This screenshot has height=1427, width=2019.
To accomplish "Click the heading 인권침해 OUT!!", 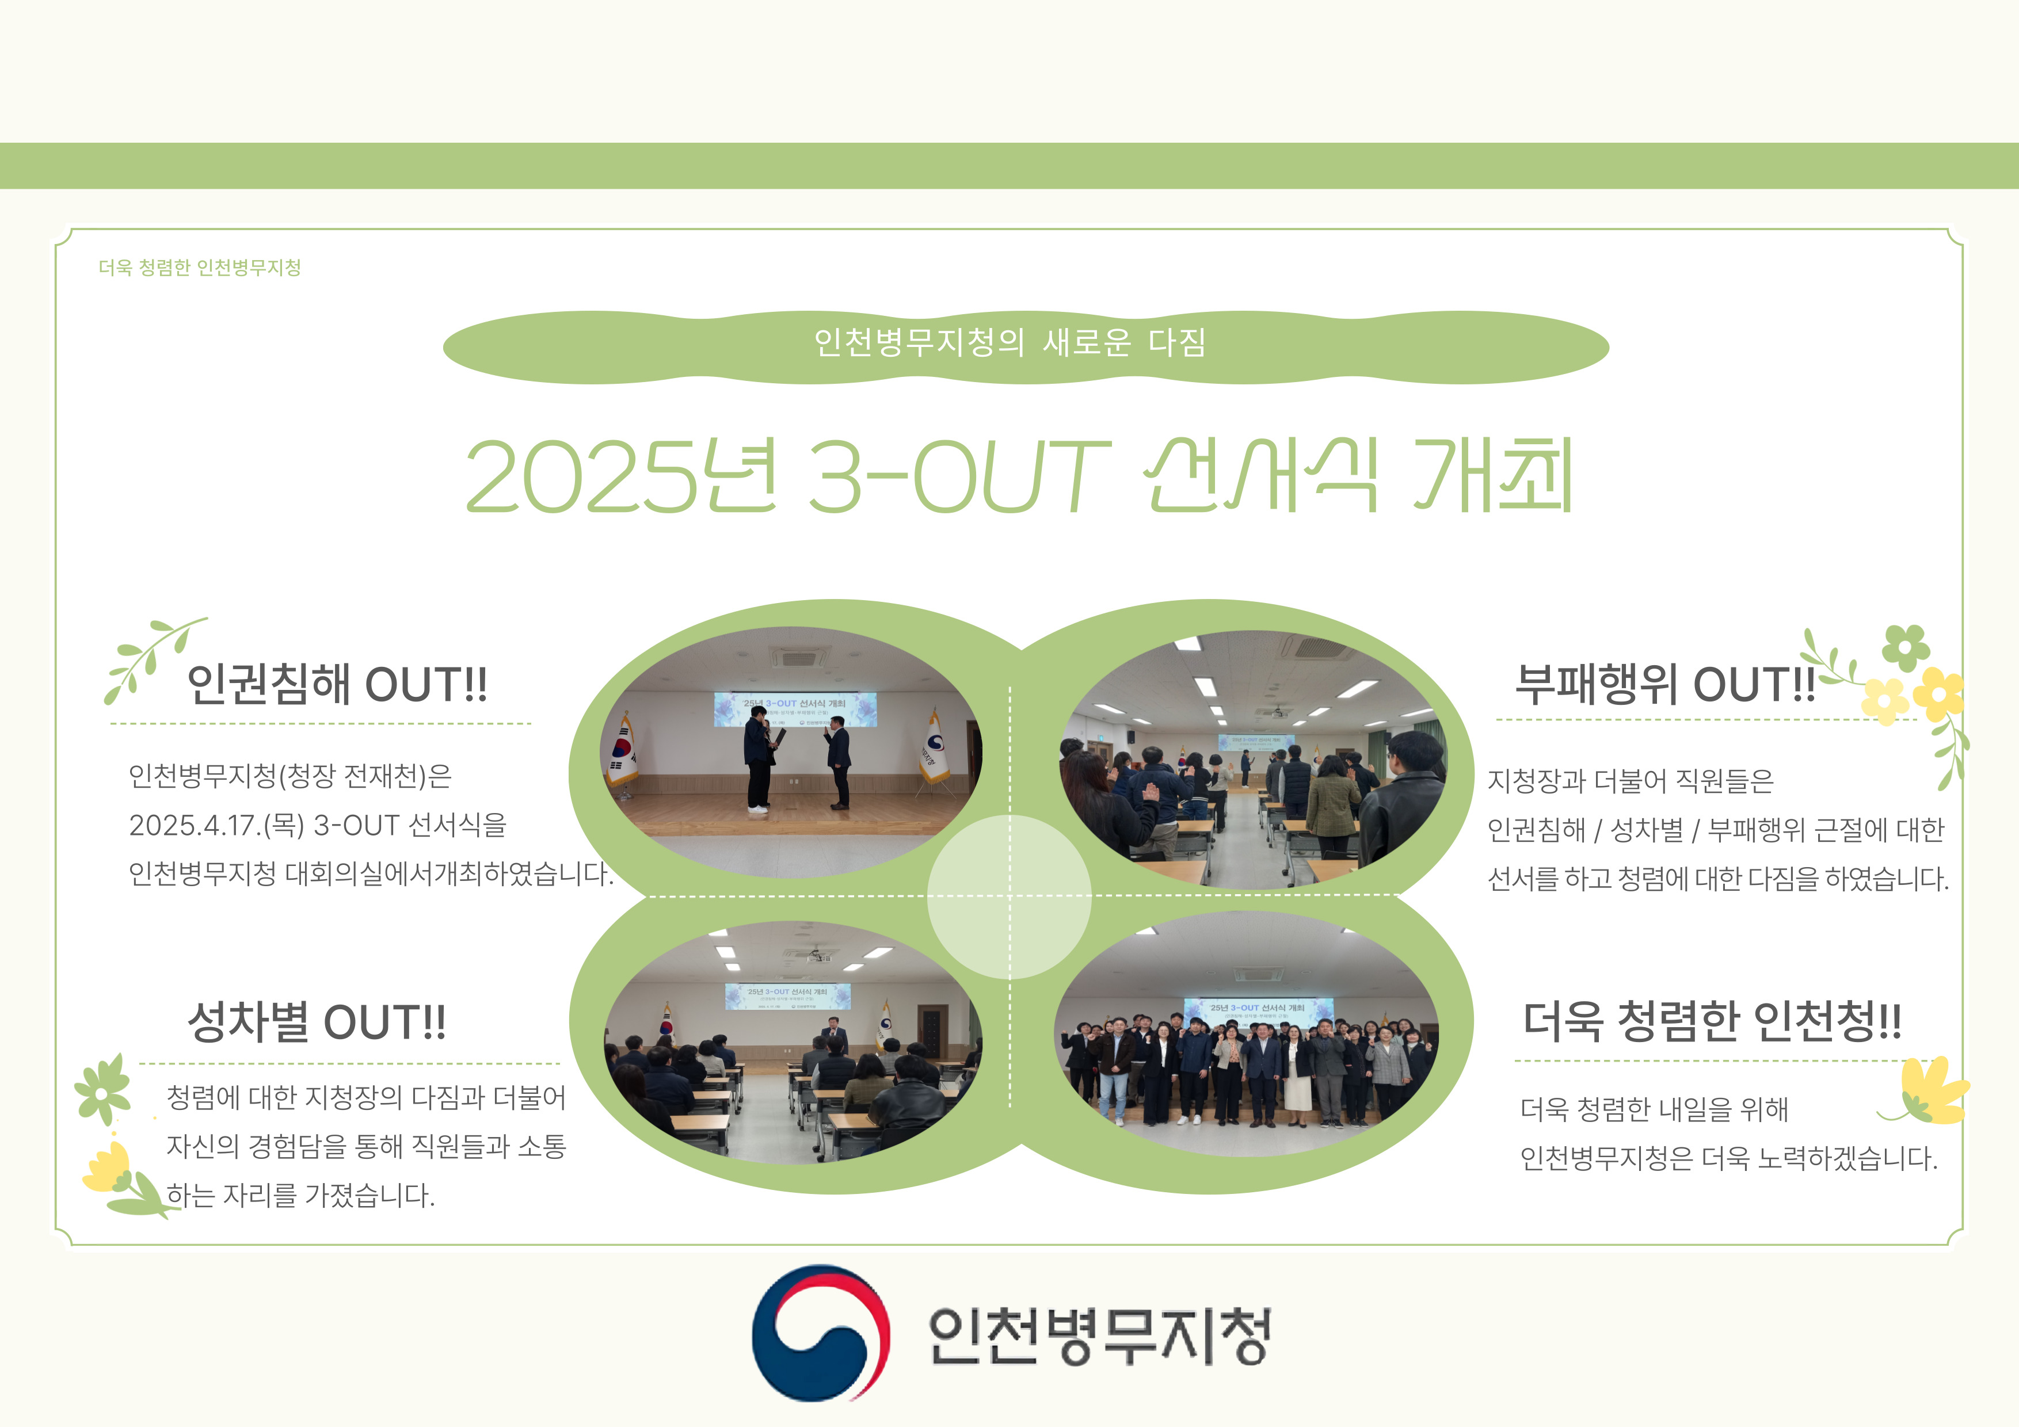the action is pos(337,684).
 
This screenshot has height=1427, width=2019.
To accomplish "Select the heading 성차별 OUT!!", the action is pos(317,1022).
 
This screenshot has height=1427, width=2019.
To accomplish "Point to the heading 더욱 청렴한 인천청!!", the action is pos(1712,1021).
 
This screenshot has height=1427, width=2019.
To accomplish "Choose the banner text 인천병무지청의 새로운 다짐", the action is pos(1009,342).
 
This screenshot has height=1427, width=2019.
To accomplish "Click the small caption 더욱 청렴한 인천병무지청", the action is pos(200,268).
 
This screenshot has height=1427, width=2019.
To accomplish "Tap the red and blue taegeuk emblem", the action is pos(820,1333).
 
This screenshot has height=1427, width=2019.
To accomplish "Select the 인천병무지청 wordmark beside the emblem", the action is pos(1099,1335).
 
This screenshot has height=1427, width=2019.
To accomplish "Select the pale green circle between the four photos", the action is pos(1009,897).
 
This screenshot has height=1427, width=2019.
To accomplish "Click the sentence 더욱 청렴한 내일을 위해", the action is pos(1654,1109).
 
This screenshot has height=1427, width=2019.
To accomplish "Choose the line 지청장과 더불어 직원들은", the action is pos(1631,780).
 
